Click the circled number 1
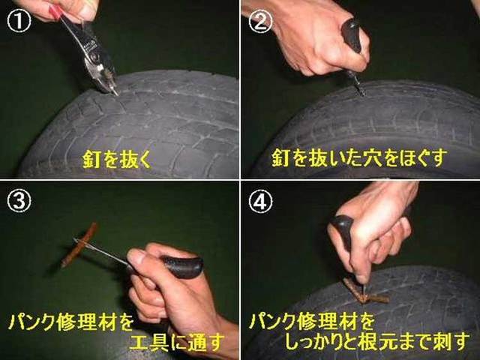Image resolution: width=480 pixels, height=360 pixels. [x=19, y=22]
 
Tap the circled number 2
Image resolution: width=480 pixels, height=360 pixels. [x=260, y=22]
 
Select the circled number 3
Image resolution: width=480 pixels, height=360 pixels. [x=19, y=202]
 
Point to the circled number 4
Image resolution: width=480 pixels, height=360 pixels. [x=260, y=202]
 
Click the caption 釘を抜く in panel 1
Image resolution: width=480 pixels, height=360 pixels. [x=117, y=159]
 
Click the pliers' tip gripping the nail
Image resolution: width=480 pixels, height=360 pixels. [x=115, y=91]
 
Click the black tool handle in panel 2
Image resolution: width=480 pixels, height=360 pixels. [x=352, y=34]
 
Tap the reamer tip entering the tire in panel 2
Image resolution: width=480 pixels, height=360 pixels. [x=360, y=88]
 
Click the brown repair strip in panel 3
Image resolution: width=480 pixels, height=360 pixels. [x=79, y=245]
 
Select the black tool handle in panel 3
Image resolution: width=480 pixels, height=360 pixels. [x=183, y=266]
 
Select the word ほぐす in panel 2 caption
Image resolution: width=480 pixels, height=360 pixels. [x=428, y=158]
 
